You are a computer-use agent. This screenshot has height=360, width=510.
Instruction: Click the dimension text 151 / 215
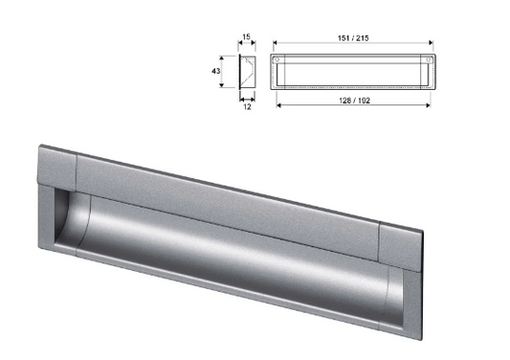coord(353,37)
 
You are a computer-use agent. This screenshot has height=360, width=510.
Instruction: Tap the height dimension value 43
coord(219,70)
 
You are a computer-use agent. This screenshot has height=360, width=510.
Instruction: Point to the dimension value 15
coord(246,37)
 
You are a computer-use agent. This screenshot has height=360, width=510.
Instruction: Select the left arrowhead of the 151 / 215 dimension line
coord(276,44)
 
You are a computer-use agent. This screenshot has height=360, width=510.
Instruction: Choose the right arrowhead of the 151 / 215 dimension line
coord(431,44)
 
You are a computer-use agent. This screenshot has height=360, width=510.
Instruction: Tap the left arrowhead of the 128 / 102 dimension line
coord(279,104)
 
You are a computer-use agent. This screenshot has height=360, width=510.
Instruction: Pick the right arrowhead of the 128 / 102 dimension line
coord(426,104)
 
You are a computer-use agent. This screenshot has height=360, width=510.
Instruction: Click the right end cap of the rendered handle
coord(400,251)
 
